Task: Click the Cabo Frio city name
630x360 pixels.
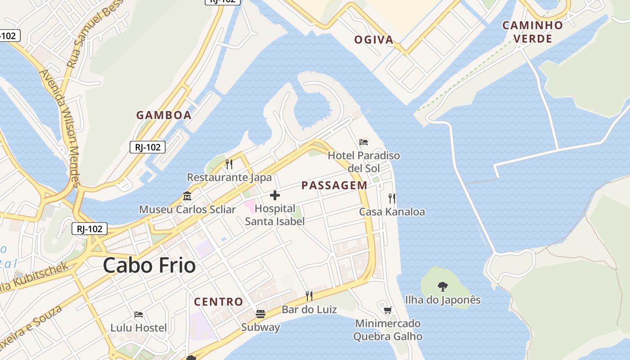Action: pos(149,265)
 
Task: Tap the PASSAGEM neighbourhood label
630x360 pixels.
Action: pos(334,185)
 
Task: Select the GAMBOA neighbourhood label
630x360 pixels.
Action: pos(164,115)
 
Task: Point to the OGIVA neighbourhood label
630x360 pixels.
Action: pos(374,40)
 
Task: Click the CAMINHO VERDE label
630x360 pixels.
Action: pos(533,32)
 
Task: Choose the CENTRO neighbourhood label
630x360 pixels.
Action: pos(218,301)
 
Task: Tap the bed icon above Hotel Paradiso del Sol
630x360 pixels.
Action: pos(364,142)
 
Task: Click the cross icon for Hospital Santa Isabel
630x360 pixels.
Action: pos(274,195)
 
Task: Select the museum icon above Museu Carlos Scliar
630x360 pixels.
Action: pos(187,196)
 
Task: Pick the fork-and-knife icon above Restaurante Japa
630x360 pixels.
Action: pos(229,164)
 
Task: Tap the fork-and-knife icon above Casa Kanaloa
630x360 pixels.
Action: pos(392,198)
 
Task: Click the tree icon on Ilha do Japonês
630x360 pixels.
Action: pos(443,286)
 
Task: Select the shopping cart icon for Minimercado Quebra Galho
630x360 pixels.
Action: pos(387,310)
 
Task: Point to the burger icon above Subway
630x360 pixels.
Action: pos(261,314)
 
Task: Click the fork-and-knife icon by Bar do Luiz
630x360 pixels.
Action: pos(309,296)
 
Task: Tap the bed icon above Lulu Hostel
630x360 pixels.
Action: pos(139,314)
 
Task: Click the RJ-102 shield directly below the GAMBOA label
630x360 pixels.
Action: pos(148,147)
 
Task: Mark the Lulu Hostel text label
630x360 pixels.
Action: pos(139,328)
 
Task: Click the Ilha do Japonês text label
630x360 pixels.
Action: pos(443,300)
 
